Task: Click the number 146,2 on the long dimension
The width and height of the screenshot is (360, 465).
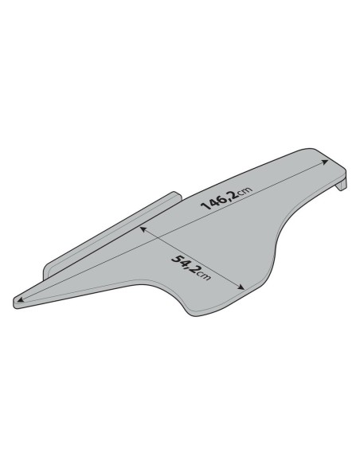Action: (219, 201)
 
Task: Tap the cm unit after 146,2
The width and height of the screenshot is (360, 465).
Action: (245, 191)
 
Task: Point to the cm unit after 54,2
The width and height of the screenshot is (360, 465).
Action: (204, 275)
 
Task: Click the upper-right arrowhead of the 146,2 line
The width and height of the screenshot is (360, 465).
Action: (325, 162)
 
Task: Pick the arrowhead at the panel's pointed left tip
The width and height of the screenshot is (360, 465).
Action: (20, 300)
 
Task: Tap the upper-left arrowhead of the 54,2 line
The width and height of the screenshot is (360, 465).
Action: (143, 229)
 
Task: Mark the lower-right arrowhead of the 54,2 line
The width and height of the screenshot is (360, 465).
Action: (241, 287)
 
